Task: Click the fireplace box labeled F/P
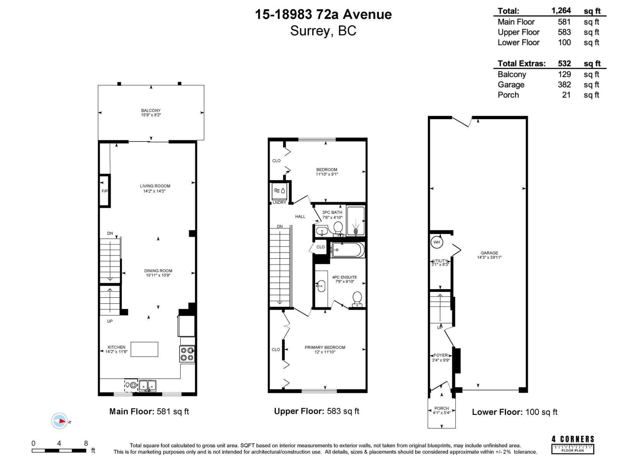104,191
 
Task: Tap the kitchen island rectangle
144,349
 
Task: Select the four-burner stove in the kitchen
187,354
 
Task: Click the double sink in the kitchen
147,386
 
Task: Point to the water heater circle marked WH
437,242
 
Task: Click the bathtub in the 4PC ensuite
347,250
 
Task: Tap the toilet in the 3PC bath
338,228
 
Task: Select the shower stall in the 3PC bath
356,221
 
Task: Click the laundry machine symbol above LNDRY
279,191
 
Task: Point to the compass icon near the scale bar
60,421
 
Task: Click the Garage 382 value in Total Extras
564,85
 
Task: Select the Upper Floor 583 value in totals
564,32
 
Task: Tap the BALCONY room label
151,111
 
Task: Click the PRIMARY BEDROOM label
325,347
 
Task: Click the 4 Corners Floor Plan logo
573,445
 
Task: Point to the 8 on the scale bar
86,444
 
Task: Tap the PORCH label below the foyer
441,408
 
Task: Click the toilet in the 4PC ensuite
357,299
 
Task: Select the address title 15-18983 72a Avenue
323,15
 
